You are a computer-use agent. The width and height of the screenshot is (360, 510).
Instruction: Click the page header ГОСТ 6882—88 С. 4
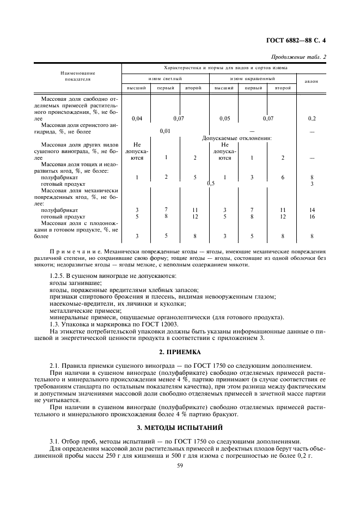tap(299, 40)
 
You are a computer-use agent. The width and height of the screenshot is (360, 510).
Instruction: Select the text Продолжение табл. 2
tap(298, 57)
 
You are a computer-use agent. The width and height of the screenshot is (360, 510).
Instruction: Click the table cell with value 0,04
tap(137, 118)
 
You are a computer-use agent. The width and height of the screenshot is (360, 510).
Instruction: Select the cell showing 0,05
tap(224, 118)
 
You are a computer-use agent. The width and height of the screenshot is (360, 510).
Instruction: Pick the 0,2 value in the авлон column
tap(312, 118)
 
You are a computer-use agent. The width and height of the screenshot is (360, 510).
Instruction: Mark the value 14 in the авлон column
tap(312, 210)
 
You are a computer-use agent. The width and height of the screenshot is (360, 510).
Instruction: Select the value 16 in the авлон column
tap(312, 216)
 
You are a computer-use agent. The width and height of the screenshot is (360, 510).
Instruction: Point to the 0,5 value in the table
tap(211, 184)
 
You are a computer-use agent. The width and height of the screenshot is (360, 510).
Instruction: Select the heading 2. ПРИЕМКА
tap(180, 352)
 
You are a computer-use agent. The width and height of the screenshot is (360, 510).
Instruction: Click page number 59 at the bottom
tap(180, 464)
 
